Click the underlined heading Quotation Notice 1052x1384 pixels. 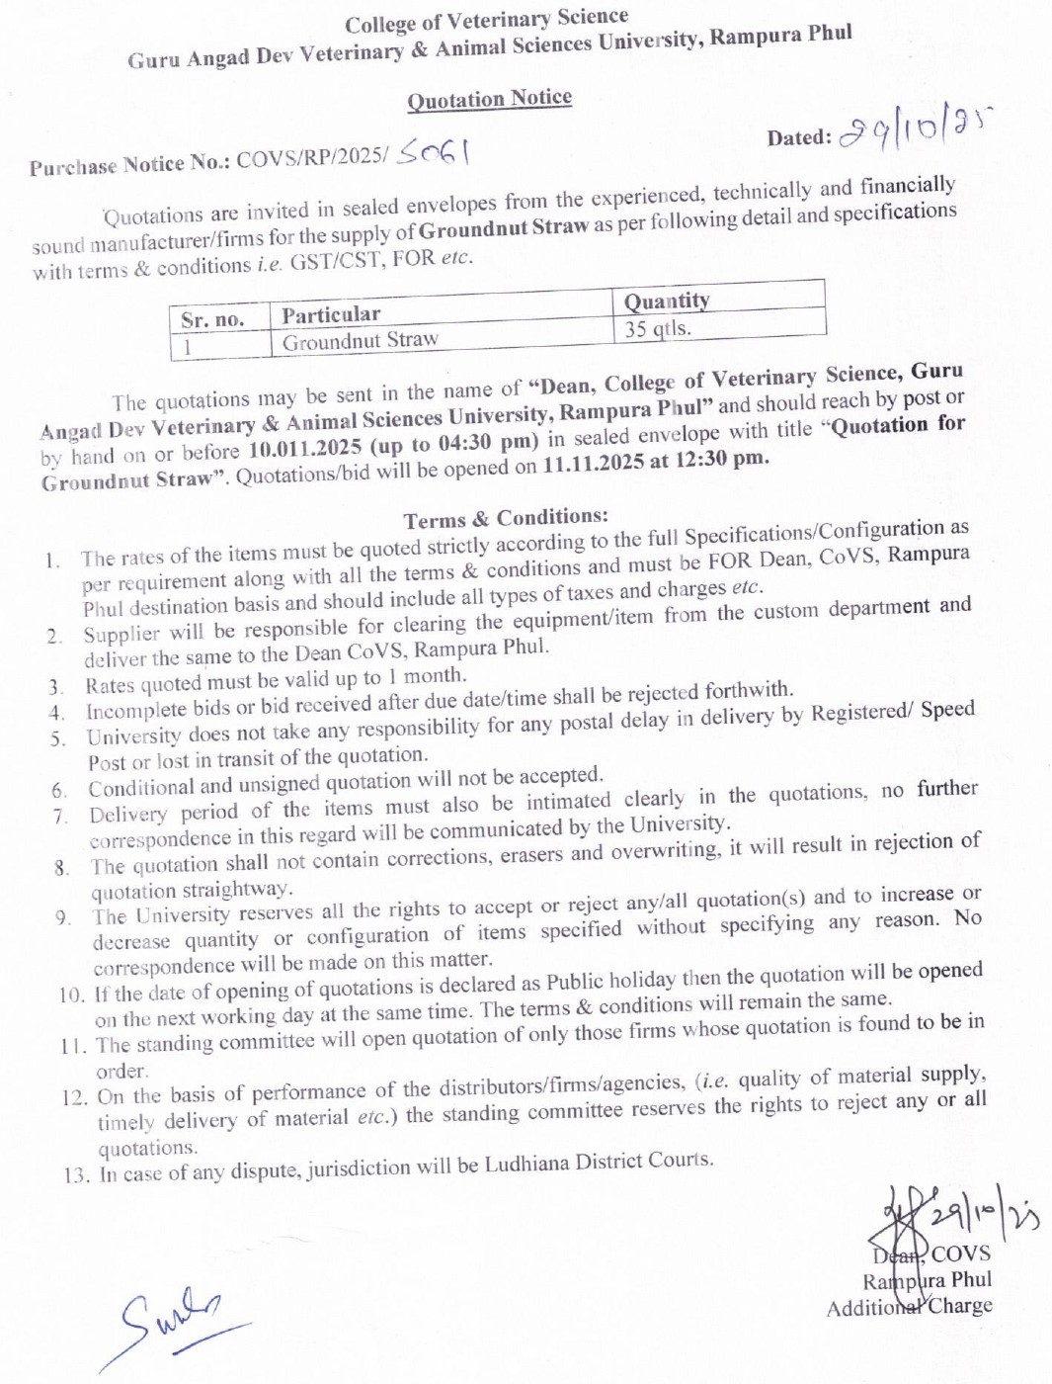tap(489, 99)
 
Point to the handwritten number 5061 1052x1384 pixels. tap(433, 153)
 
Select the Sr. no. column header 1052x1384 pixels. tap(212, 319)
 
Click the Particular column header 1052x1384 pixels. tap(331, 314)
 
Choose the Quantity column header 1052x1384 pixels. tap(667, 301)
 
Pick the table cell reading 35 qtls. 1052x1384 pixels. tap(658, 328)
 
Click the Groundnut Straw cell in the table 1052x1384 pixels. tap(360, 341)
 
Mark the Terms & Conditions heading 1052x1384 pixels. tap(506, 517)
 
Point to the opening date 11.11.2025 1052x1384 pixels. tap(594, 463)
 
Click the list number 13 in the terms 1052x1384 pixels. tap(76, 1175)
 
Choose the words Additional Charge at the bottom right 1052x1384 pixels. tap(910, 1306)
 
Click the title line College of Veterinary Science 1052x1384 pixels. tap(486, 20)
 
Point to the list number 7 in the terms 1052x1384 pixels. tap(60, 816)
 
